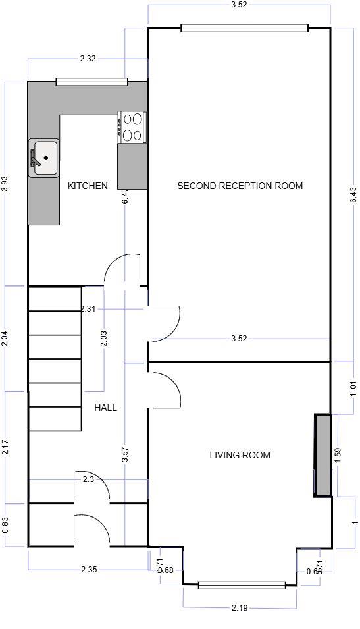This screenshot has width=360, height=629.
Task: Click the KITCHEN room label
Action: (x=88, y=186)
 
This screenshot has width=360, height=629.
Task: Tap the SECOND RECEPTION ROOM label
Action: (x=240, y=186)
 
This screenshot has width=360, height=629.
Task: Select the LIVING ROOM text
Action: (x=240, y=455)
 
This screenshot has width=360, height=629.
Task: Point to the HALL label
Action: (x=105, y=408)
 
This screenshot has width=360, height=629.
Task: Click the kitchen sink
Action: (x=43, y=158)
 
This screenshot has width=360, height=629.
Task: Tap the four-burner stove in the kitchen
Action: (x=132, y=127)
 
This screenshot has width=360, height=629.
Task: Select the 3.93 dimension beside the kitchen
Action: (x=5, y=184)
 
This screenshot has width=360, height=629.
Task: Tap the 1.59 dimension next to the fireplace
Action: (x=338, y=455)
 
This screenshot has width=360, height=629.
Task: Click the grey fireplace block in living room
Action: (x=322, y=455)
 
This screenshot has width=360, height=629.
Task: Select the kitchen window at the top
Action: (x=91, y=82)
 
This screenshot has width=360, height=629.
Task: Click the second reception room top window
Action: (x=244, y=28)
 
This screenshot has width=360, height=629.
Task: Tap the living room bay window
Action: (x=242, y=584)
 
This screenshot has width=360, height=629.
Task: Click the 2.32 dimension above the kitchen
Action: (x=88, y=59)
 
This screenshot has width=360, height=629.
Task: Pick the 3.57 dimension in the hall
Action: (x=125, y=455)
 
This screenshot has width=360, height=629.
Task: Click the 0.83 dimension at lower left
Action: (x=5, y=525)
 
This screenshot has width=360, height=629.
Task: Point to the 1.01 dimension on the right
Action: (x=354, y=388)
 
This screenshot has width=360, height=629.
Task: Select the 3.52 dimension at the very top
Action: (x=240, y=5)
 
